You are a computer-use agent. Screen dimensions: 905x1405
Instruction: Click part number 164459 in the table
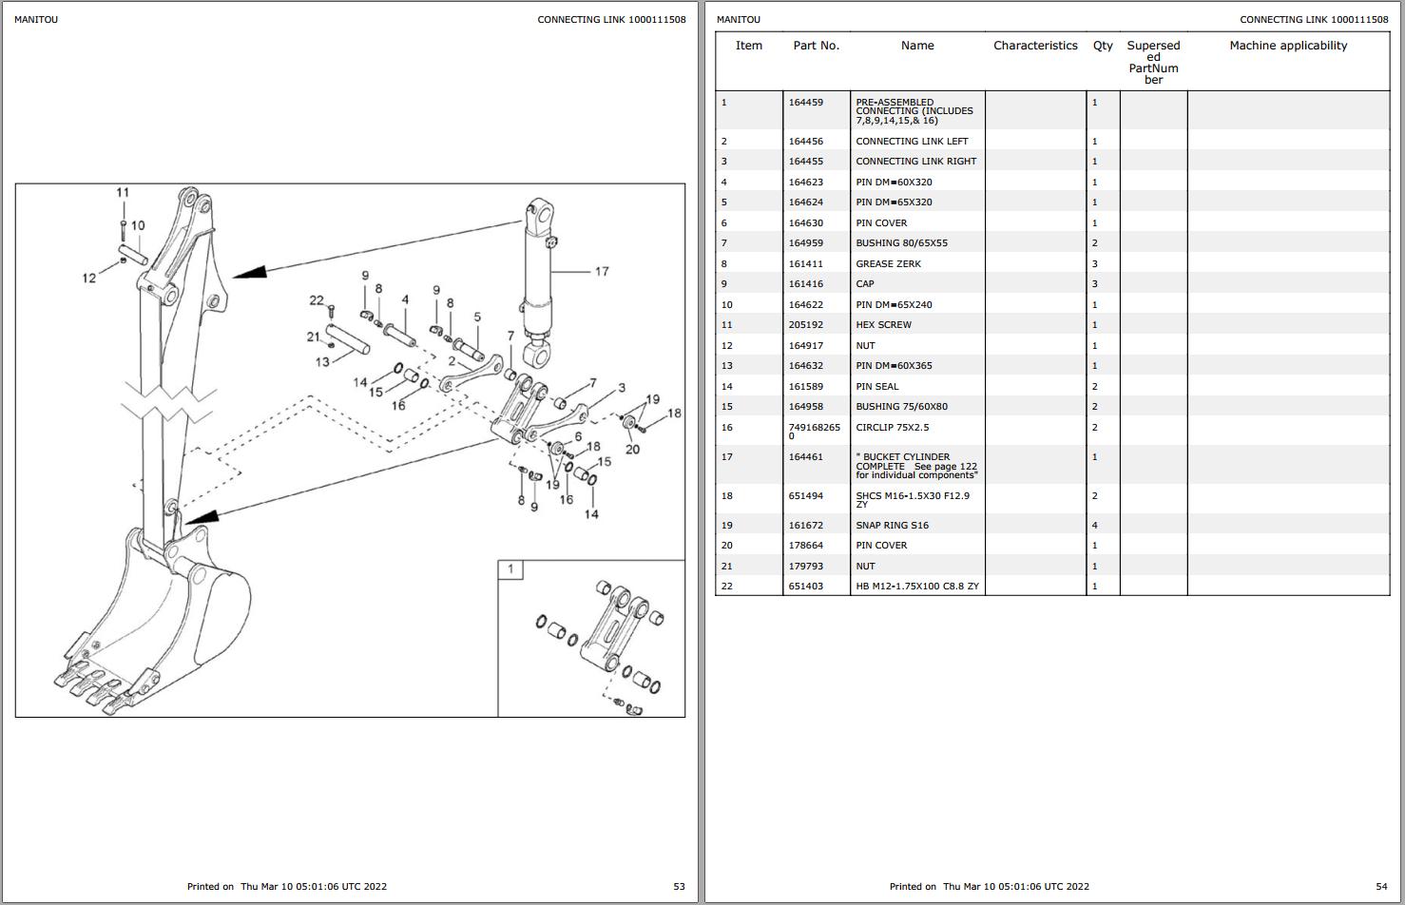coord(805,103)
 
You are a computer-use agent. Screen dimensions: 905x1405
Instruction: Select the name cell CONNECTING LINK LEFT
coord(912,142)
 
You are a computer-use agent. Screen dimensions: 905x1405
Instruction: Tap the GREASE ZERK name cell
coord(888,264)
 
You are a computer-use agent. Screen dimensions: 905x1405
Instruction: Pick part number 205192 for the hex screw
coord(805,325)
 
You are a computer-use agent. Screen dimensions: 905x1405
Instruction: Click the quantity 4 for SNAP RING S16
coord(1094,526)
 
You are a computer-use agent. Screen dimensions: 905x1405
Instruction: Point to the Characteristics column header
coord(1035,46)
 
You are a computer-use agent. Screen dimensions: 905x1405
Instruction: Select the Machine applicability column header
coord(1287,46)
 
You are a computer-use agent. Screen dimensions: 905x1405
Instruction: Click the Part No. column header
coord(816,46)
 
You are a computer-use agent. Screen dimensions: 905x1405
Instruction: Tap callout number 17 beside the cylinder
coord(602,272)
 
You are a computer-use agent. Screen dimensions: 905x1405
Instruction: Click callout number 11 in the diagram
coord(123,193)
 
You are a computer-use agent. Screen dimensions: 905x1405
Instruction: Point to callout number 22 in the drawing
coord(317,300)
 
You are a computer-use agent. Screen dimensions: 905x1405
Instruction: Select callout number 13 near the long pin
coord(322,362)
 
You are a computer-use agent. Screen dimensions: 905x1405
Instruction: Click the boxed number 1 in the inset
coord(510,569)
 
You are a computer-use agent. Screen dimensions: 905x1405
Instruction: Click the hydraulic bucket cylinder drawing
coord(539,276)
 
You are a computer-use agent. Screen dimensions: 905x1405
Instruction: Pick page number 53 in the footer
coord(679,887)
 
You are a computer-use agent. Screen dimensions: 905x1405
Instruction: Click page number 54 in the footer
coord(1381,887)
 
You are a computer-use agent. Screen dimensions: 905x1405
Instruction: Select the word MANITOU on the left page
coord(36,20)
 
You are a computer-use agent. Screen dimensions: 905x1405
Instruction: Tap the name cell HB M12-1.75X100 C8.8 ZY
coord(916,587)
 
